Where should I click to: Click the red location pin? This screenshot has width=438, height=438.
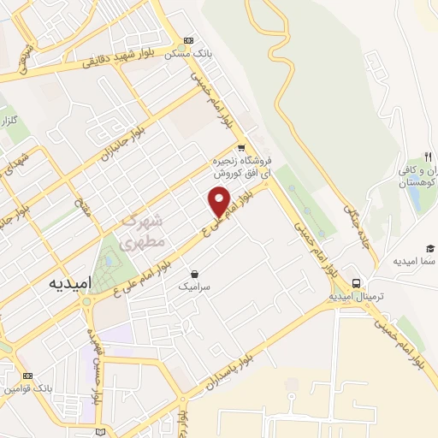[220, 200]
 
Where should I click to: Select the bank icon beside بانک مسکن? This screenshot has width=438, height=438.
[188, 40]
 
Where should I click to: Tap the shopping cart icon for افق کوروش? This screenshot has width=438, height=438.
[242, 145]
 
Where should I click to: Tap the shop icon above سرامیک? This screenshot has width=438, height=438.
[196, 275]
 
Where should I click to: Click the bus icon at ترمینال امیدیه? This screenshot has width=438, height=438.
[355, 283]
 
